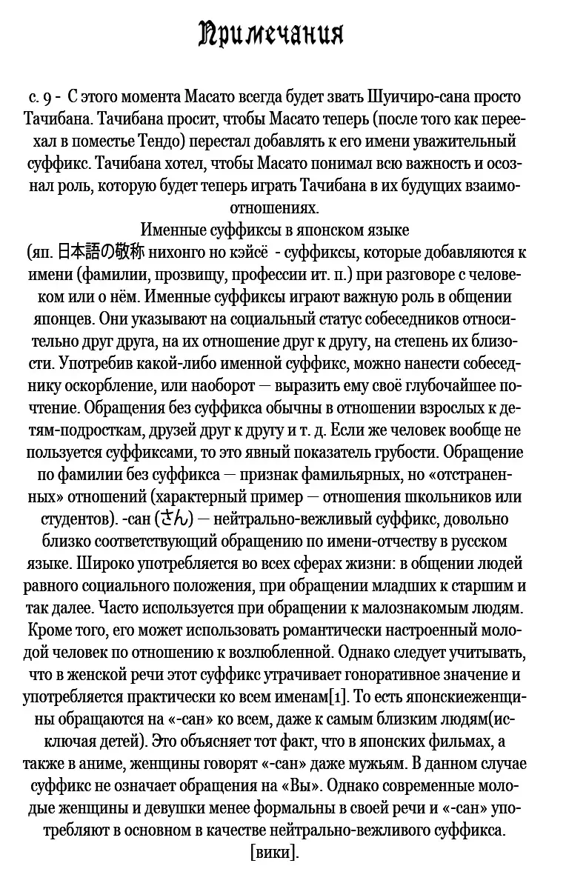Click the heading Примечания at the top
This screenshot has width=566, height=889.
(271, 35)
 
